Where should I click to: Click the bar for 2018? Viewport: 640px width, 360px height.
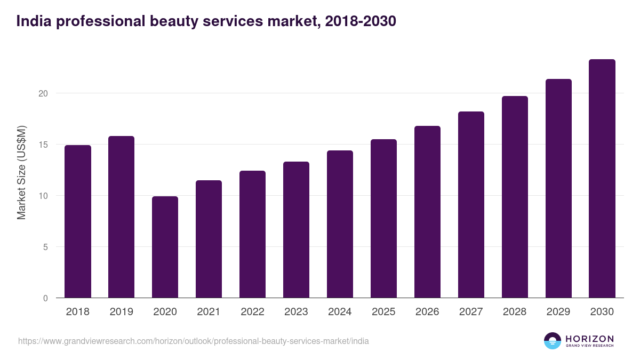[78, 221]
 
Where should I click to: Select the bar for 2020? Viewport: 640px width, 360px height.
[165, 247]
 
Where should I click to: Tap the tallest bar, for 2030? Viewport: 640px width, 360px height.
[602, 179]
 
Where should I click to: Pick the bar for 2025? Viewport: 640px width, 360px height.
[383, 219]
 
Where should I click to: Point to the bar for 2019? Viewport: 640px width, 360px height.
[121, 217]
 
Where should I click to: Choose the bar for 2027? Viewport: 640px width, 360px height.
[471, 205]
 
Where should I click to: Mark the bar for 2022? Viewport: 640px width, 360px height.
[252, 234]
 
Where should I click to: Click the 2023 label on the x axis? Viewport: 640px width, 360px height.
[296, 312]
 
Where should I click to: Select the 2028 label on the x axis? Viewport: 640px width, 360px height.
[515, 312]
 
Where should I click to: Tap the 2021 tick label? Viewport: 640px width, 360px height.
[209, 312]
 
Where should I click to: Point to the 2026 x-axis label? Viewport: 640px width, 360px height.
[427, 312]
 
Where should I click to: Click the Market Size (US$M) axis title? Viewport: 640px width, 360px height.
[21, 172]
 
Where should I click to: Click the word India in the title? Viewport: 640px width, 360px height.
[34, 22]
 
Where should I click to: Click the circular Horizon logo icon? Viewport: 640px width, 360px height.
[553, 341]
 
